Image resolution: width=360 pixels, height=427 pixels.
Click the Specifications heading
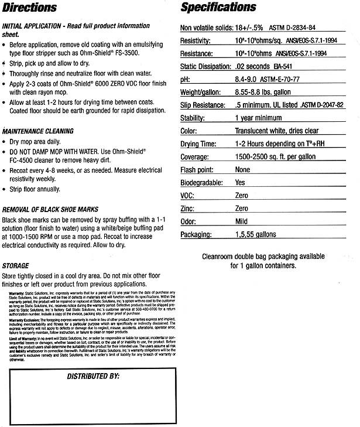click(218, 8)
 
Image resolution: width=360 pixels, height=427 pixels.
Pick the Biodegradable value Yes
click(240, 183)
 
